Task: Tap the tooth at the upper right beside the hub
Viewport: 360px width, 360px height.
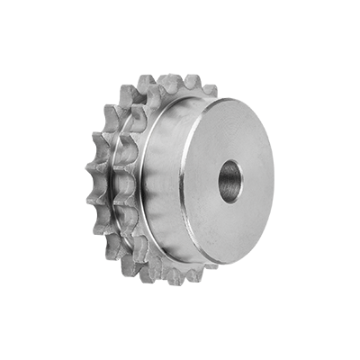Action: pyautogui.click(x=209, y=90)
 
